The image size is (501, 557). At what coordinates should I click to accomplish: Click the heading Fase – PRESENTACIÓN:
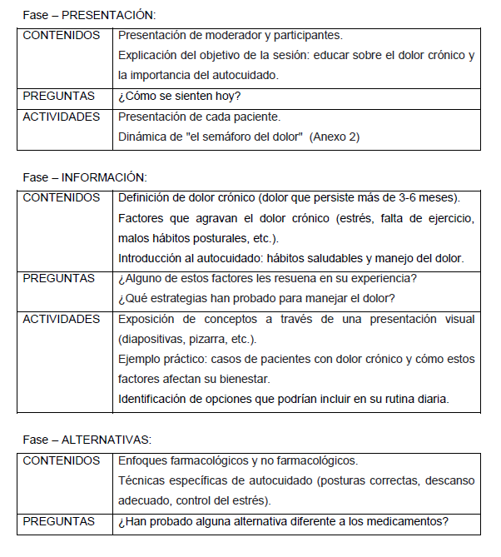[89, 16]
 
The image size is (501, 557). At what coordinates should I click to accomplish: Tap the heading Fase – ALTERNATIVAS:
[86, 440]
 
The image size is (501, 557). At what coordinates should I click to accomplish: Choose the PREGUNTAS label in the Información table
[59, 278]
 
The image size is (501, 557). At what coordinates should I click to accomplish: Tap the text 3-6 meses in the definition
[425, 197]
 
